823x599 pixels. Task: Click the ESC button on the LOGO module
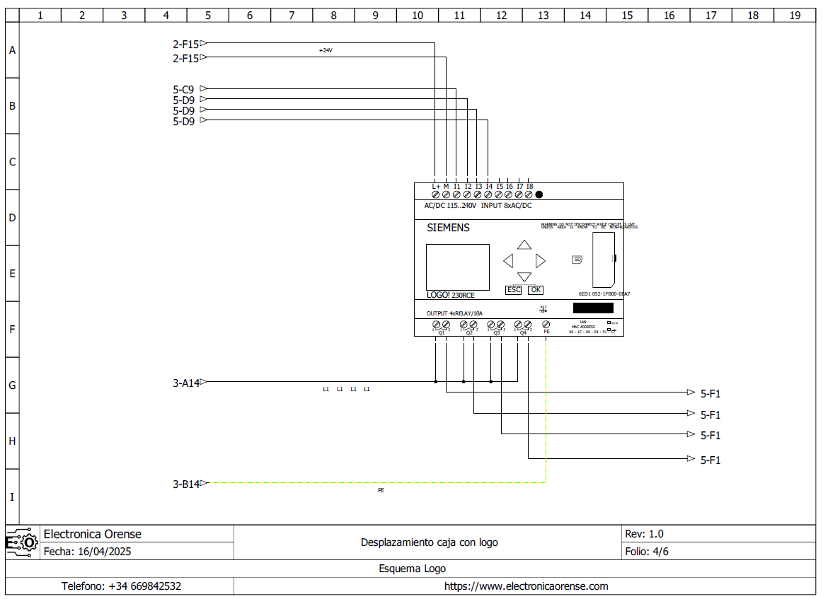513,290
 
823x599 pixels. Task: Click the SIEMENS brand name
448,228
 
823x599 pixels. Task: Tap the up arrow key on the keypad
524,245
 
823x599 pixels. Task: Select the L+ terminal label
436,187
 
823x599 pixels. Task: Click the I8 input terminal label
529,187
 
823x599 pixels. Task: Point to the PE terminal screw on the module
546,325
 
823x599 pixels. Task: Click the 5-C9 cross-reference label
183,90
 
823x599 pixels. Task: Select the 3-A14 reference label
185,383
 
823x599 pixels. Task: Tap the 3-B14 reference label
185,484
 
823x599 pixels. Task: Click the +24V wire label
326,51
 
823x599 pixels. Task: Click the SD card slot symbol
577,260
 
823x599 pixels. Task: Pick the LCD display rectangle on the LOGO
457,267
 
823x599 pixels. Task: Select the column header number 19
795,15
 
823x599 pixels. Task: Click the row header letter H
12,441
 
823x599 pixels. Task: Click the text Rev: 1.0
644,534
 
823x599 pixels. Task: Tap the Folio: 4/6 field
647,552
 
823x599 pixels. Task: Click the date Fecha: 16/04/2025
87,552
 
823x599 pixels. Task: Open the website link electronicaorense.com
526,586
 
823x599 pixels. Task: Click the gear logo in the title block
21,542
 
